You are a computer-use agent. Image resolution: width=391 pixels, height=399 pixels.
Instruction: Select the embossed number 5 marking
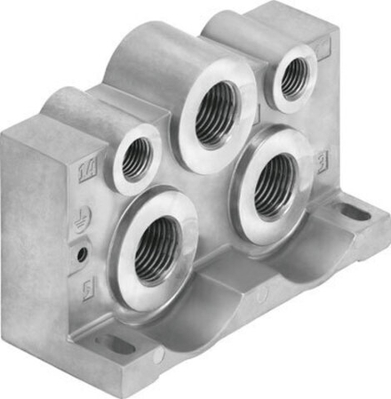87,289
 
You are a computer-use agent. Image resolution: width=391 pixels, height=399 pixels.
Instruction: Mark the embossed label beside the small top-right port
323,46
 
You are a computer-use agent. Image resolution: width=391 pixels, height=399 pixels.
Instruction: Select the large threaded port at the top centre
217,115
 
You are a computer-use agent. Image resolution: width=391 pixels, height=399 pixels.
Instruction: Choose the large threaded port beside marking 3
274,186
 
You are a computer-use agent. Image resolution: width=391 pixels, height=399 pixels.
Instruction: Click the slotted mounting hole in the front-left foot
115,344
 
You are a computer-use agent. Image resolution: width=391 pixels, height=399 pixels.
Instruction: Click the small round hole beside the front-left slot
159,357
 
